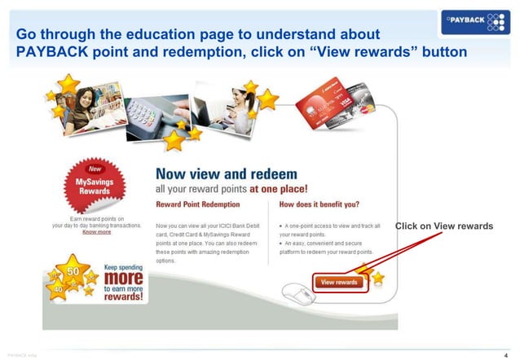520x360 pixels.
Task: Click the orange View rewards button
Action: coord(339,282)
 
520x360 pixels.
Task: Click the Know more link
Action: coord(97,231)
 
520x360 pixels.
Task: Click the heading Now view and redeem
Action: coord(227,173)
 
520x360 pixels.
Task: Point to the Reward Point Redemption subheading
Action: coord(197,204)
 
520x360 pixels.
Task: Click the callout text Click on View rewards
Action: coord(443,226)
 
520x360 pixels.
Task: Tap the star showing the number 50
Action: coord(72,272)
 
